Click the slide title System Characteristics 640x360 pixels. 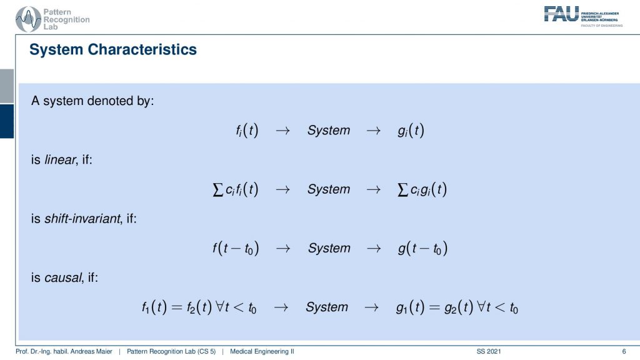click(x=113, y=49)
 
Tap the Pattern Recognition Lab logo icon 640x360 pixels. click(x=28, y=19)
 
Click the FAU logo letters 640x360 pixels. click(x=561, y=14)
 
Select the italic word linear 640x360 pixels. click(x=61, y=159)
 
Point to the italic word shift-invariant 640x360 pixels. click(x=82, y=218)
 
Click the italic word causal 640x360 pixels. click(x=63, y=277)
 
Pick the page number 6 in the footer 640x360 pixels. click(x=624, y=351)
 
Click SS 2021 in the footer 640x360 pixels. click(x=489, y=351)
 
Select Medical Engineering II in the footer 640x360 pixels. click(x=262, y=351)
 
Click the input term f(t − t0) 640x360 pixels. click(x=236, y=248)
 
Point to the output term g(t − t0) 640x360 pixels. click(x=423, y=248)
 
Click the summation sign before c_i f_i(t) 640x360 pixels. click(x=218, y=189)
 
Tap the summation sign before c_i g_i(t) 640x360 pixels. click(x=403, y=189)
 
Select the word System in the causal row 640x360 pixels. click(x=327, y=307)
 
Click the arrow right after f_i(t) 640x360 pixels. click(x=282, y=131)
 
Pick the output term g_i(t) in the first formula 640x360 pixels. click(x=411, y=131)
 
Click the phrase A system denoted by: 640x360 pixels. click(x=92, y=101)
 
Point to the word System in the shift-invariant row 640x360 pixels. click(x=329, y=248)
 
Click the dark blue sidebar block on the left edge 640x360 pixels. click(x=7, y=121)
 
